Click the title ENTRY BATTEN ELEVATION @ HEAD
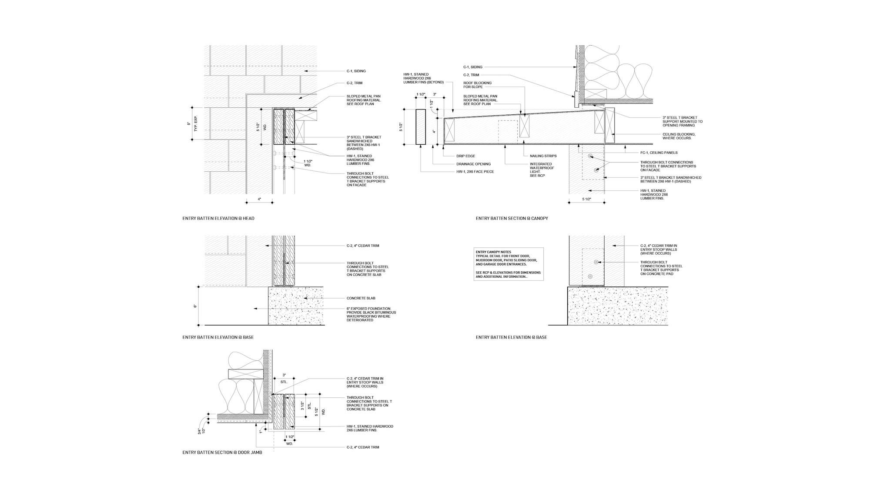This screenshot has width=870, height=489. click(218, 218)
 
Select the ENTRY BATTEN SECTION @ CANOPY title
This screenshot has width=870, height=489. click(512, 218)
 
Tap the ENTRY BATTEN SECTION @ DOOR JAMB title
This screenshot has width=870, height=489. click(222, 452)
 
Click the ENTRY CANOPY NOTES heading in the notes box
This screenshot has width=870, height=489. click(493, 252)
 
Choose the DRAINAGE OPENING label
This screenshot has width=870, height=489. click(473, 164)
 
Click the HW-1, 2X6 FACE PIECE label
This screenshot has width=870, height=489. click(475, 172)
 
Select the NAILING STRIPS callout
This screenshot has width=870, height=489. click(543, 156)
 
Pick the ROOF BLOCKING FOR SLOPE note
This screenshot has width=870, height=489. click(477, 85)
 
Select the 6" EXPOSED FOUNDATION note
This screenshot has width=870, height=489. click(371, 314)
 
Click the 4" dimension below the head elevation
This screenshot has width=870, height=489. click(259, 199)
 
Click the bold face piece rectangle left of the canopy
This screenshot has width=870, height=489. click(421, 126)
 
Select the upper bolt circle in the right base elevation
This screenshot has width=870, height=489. click(596, 262)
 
